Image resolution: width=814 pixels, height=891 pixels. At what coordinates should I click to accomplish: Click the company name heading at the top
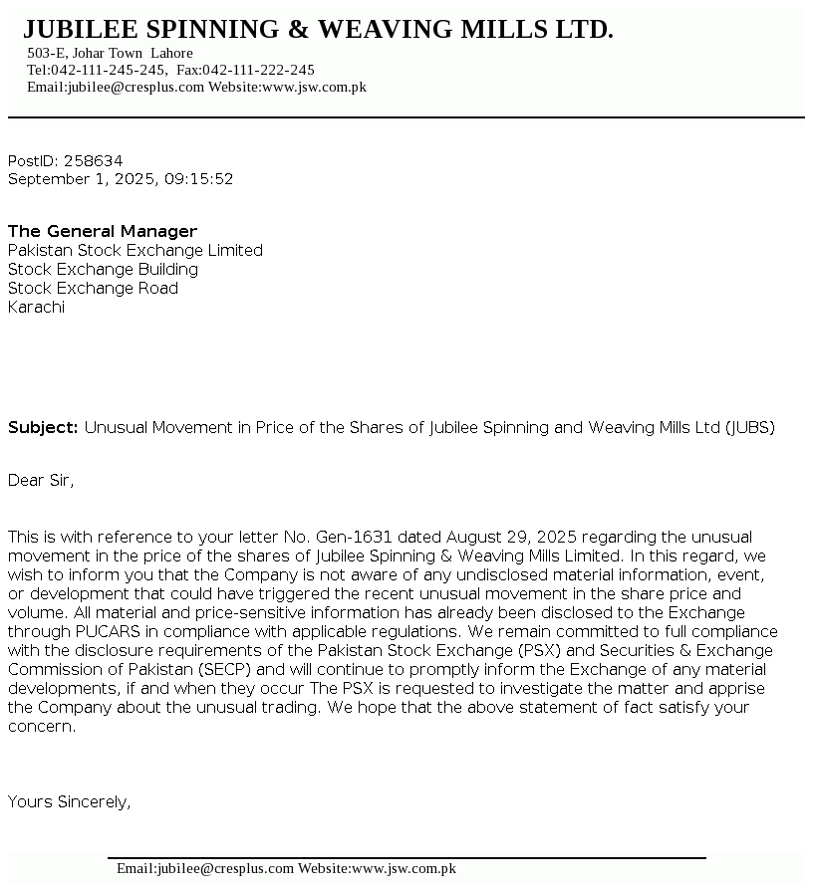tap(318, 30)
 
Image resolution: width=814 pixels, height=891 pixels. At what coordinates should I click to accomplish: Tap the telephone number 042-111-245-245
tap(109, 70)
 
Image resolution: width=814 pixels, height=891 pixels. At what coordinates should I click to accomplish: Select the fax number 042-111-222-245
tap(258, 70)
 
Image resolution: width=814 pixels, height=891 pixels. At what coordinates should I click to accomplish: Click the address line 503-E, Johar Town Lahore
tap(110, 53)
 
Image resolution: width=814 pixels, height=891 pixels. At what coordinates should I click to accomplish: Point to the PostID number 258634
tap(93, 160)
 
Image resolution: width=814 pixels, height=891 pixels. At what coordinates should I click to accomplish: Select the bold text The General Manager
tap(103, 231)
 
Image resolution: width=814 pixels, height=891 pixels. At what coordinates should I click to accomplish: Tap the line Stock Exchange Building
tap(103, 269)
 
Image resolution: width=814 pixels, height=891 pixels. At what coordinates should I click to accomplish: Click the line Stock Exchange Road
tap(93, 288)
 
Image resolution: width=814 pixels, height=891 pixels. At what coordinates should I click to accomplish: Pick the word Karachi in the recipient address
tap(36, 307)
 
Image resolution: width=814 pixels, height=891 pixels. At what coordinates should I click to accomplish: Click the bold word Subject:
tap(43, 428)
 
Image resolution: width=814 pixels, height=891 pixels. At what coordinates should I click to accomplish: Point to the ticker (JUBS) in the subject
tap(749, 428)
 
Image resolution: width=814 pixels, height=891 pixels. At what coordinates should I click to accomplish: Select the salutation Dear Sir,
tap(41, 481)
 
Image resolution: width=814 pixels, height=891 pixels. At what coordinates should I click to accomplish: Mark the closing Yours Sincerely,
tap(69, 801)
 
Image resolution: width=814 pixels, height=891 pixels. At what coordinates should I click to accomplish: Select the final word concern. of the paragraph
tap(42, 726)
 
